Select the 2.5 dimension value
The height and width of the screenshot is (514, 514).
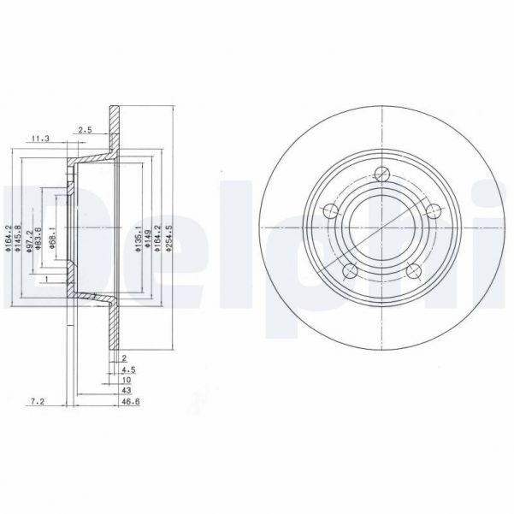[86, 130]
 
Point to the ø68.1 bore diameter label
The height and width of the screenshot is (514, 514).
[52, 239]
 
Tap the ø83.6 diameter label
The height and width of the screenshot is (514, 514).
[39, 239]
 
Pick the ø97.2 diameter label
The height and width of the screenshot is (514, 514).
[28, 239]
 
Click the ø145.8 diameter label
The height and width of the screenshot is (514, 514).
[17, 239]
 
